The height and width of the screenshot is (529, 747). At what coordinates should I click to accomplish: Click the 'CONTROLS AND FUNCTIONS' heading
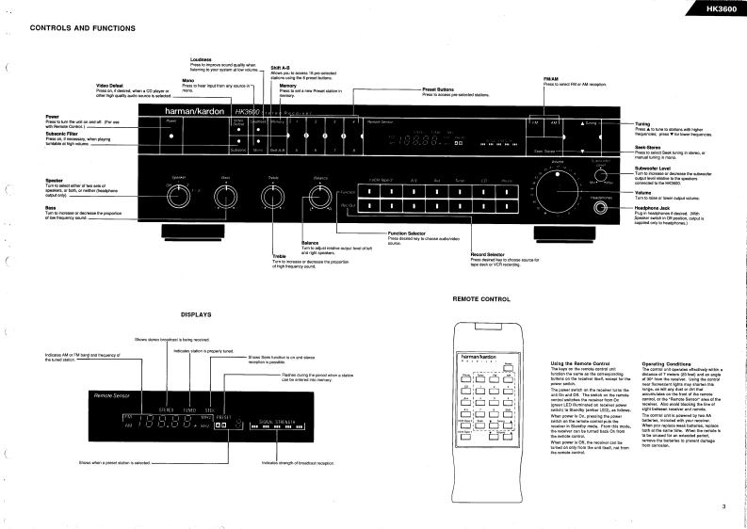click(x=84, y=28)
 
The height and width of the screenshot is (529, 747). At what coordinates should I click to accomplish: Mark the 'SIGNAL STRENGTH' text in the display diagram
click(x=252, y=420)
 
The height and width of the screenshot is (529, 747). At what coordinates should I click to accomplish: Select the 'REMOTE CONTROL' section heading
click(x=481, y=297)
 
